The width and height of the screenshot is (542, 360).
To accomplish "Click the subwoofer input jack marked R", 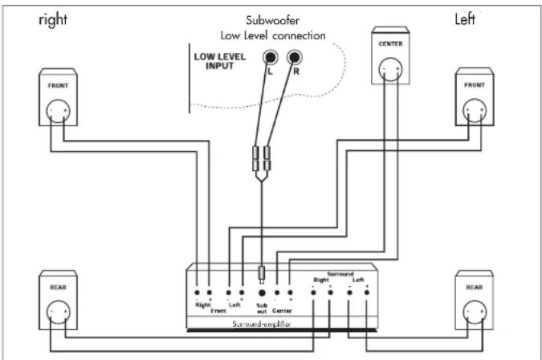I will [295, 58].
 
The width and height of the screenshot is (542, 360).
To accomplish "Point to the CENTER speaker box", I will [389, 61].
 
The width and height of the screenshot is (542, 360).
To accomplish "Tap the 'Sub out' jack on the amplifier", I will [260, 293].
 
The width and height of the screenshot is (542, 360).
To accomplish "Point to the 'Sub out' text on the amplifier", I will [260, 309].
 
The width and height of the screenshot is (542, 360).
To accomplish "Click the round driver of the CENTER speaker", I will [390, 71].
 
